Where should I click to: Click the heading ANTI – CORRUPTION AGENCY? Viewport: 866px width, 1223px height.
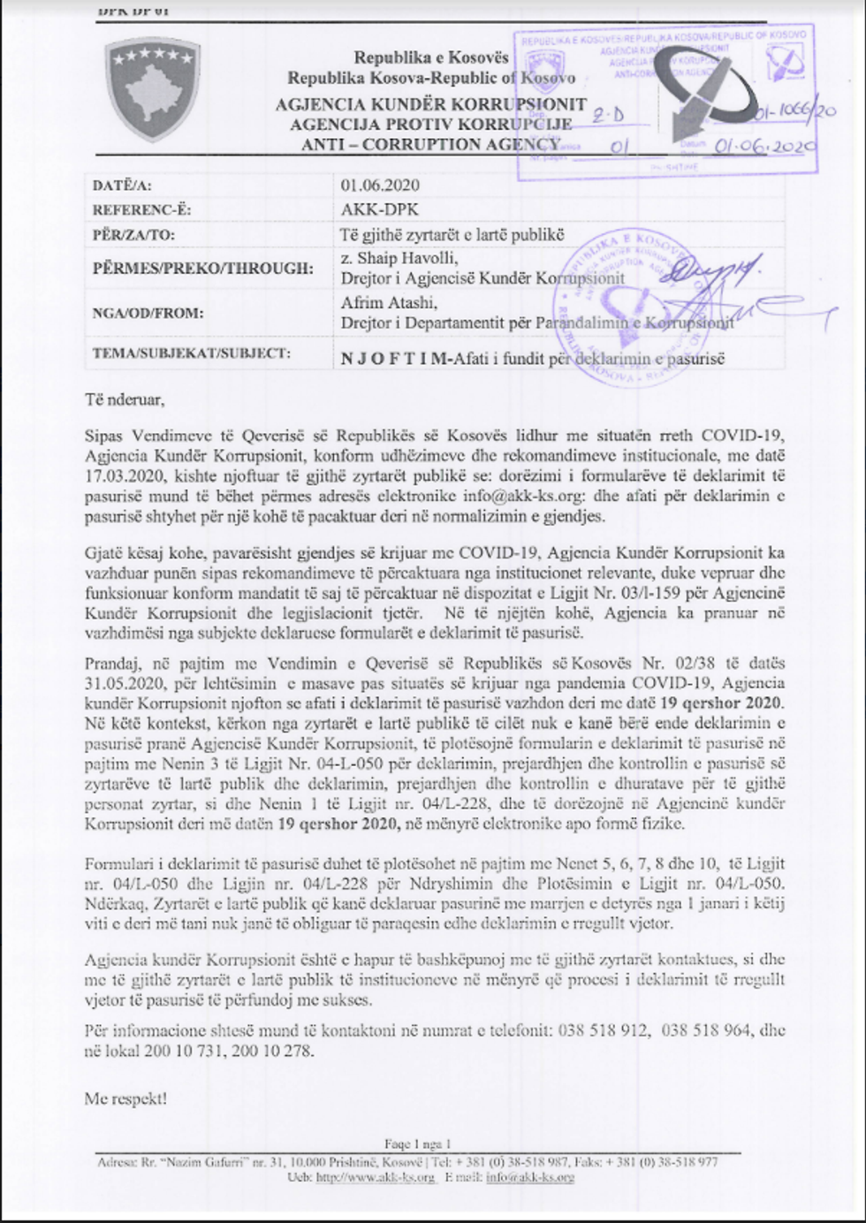coord(430,144)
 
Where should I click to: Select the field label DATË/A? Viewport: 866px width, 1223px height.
coord(122,186)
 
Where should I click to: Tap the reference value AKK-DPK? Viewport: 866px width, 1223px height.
coord(380,210)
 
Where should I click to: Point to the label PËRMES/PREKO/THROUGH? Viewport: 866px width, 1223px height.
coord(202,268)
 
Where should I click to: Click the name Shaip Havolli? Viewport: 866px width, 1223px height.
coord(406,258)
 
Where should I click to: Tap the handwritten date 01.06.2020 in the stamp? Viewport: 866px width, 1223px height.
coord(764,147)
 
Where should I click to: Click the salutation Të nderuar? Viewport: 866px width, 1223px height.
coord(125,399)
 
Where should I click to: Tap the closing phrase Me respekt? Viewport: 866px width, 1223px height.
coord(125,1099)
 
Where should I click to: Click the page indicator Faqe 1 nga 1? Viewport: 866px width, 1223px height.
coord(417,1144)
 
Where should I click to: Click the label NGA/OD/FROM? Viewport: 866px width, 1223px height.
coord(148,313)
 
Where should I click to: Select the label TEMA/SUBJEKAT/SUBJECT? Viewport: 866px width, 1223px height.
coord(191,353)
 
